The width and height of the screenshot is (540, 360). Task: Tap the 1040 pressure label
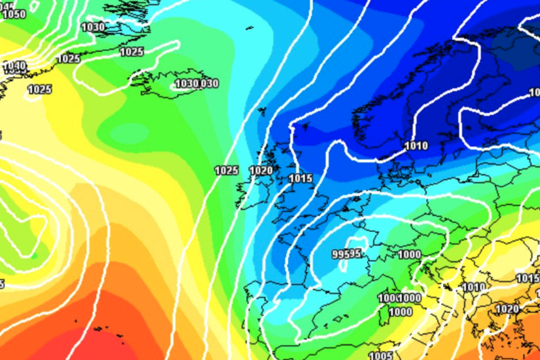point(14,66)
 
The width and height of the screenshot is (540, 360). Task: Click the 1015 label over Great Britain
point(300,178)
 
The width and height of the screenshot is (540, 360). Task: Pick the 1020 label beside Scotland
point(261,170)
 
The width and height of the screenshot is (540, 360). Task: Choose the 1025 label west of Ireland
point(226,170)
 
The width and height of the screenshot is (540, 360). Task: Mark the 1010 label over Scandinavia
point(416,146)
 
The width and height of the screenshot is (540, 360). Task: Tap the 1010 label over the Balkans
point(474,287)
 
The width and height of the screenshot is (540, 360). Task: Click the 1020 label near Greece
point(507,309)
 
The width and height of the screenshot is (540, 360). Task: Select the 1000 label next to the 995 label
point(410,255)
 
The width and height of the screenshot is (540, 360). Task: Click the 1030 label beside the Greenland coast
point(93,27)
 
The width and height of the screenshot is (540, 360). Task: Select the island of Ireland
point(249,193)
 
